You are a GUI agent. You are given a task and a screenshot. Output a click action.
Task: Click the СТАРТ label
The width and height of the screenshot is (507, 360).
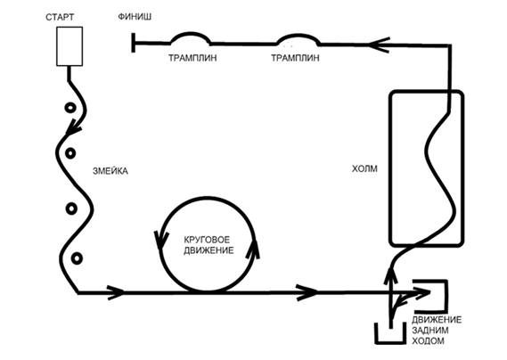pyautogui.click(x=60, y=17)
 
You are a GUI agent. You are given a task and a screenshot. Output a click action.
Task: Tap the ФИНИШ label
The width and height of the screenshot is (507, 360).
pyautogui.click(x=135, y=16)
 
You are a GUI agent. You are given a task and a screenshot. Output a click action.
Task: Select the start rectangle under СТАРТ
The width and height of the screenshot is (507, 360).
pyautogui.click(x=70, y=46)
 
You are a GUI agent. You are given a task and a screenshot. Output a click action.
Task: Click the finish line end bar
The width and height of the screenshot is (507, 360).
pyautogui.click(x=134, y=42)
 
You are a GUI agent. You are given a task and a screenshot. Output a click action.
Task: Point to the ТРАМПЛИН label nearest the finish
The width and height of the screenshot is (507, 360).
pyautogui.click(x=192, y=58)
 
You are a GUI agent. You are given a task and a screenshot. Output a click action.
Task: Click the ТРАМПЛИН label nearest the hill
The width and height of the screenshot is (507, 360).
pyautogui.click(x=295, y=58)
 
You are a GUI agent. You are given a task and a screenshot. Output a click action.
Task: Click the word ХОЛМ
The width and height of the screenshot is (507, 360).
pyautogui.click(x=364, y=168)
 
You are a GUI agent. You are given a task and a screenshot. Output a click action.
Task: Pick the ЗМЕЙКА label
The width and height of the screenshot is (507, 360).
pyautogui.click(x=110, y=171)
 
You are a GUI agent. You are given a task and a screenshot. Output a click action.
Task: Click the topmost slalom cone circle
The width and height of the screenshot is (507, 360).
pyautogui.click(x=70, y=108)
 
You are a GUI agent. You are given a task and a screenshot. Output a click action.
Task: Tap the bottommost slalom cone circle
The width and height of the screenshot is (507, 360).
pyautogui.click(x=77, y=258)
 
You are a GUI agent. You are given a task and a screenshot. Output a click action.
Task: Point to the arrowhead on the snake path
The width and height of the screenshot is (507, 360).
pyautogui.click(x=73, y=127)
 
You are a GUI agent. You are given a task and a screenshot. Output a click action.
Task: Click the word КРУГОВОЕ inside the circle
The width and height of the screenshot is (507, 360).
pyautogui.click(x=207, y=240)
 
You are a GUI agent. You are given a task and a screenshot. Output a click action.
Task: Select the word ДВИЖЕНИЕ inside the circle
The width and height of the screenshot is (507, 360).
pyautogui.click(x=209, y=250)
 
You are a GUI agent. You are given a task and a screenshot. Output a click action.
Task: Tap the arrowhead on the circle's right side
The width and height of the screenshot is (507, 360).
pyautogui.click(x=253, y=249)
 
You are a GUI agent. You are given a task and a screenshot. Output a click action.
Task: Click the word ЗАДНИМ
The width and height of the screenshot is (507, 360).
pyautogui.click(x=429, y=331)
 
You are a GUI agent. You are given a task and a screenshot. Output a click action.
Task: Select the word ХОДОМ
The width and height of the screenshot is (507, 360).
pyautogui.click(x=428, y=341)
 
